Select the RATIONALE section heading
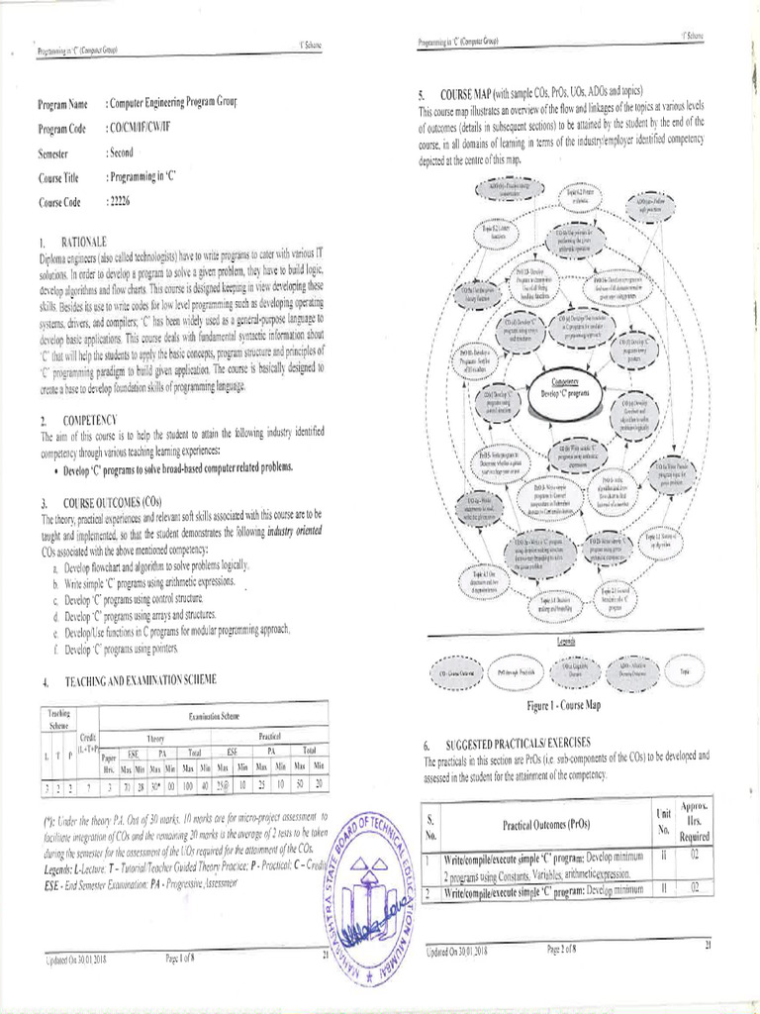[x=85, y=242]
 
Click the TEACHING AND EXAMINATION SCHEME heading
[x=140, y=681]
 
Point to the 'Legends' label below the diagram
[x=565, y=641]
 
